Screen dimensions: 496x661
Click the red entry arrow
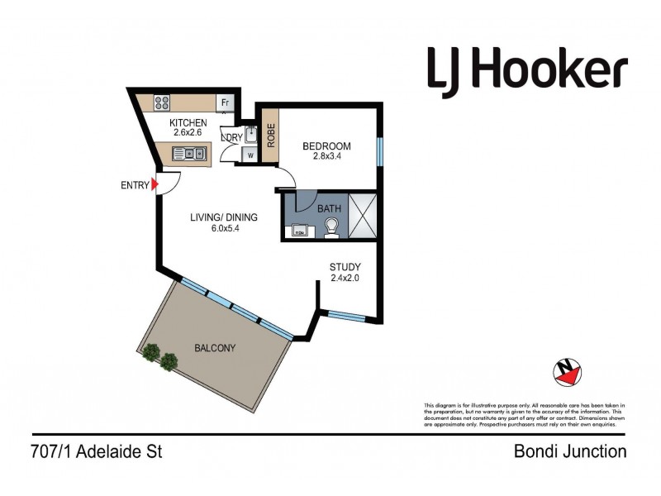155,185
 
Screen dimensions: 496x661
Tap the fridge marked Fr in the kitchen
223,103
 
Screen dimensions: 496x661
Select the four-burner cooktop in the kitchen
162,103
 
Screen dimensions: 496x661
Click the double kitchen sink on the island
189,153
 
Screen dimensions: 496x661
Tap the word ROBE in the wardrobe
270,136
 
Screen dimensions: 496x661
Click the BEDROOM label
326,146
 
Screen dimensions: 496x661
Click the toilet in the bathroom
332,227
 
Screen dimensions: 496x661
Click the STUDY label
345,267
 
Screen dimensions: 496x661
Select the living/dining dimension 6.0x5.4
224,229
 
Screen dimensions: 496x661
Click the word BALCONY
215,348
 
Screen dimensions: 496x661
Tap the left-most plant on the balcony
150,353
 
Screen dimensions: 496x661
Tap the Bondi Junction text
570,451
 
